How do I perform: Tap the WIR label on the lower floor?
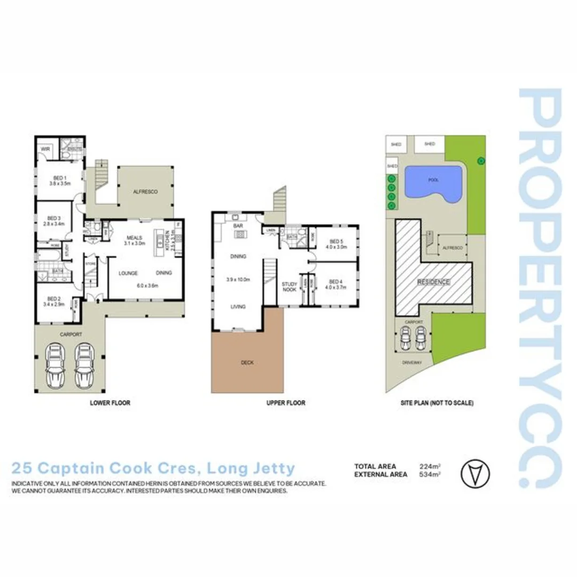point(45,149)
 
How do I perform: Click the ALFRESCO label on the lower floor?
point(145,191)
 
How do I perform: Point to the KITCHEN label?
point(167,236)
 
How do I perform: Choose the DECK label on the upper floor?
point(247,362)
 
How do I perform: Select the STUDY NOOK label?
point(289,287)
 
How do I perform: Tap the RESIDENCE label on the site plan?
point(433,282)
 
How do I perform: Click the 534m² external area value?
point(430,474)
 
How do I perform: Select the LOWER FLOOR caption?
point(110,403)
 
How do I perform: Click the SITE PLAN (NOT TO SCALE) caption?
point(439,403)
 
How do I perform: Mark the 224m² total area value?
point(430,466)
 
